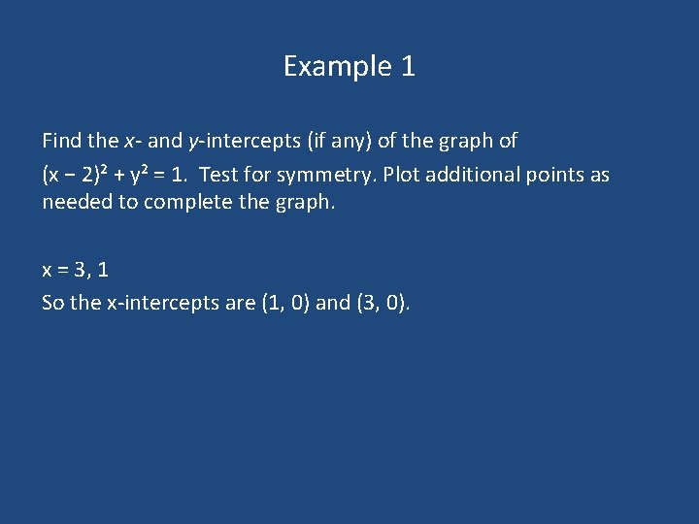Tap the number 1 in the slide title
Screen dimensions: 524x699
(408, 67)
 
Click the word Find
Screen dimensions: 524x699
(62, 141)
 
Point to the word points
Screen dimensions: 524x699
(557, 175)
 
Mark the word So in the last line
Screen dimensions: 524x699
(53, 303)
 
